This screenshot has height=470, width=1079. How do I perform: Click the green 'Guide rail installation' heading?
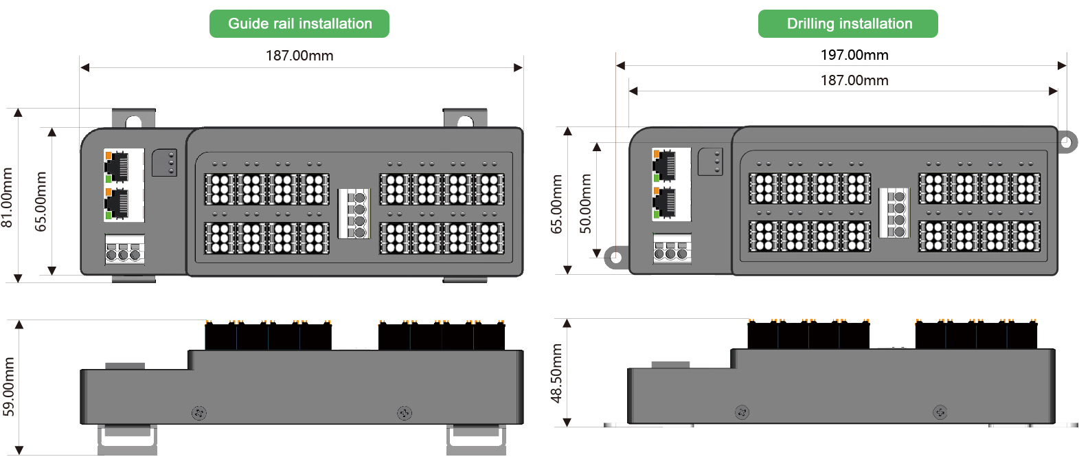pyautogui.click(x=299, y=24)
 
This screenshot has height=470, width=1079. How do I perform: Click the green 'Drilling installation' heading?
pyautogui.click(x=848, y=24)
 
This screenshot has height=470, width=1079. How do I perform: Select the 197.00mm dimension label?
pyautogui.click(x=854, y=55)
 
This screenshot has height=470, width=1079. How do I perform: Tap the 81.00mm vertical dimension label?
pyautogui.click(x=8, y=197)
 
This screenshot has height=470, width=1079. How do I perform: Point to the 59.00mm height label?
pyautogui.click(x=9, y=386)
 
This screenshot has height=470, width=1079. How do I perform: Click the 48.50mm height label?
pyautogui.click(x=556, y=372)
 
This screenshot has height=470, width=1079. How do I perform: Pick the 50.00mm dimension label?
pyautogui.click(x=585, y=203)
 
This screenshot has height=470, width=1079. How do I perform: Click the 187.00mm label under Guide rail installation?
pyautogui.click(x=299, y=56)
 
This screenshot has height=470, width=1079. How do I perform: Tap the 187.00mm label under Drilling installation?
pyautogui.click(x=854, y=80)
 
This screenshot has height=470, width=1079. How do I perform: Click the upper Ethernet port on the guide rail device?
pyautogui.click(x=117, y=166)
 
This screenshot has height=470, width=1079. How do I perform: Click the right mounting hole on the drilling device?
pyautogui.click(x=1065, y=142)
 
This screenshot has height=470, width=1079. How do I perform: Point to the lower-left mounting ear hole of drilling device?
pyautogui.click(x=615, y=258)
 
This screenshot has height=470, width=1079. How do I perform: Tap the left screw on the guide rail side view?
pyautogui.click(x=199, y=413)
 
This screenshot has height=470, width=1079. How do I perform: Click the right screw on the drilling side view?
pyautogui.click(x=940, y=412)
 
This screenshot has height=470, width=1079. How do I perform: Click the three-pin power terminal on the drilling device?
pyautogui.click(x=671, y=250)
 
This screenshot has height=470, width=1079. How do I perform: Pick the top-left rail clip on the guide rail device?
pyautogui.click(x=133, y=120)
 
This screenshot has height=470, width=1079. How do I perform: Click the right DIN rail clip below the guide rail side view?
pyautogui.click(x=476, y=439)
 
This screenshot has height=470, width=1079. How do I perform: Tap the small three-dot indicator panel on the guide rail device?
pyautogui.click(x=165, y=162)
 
